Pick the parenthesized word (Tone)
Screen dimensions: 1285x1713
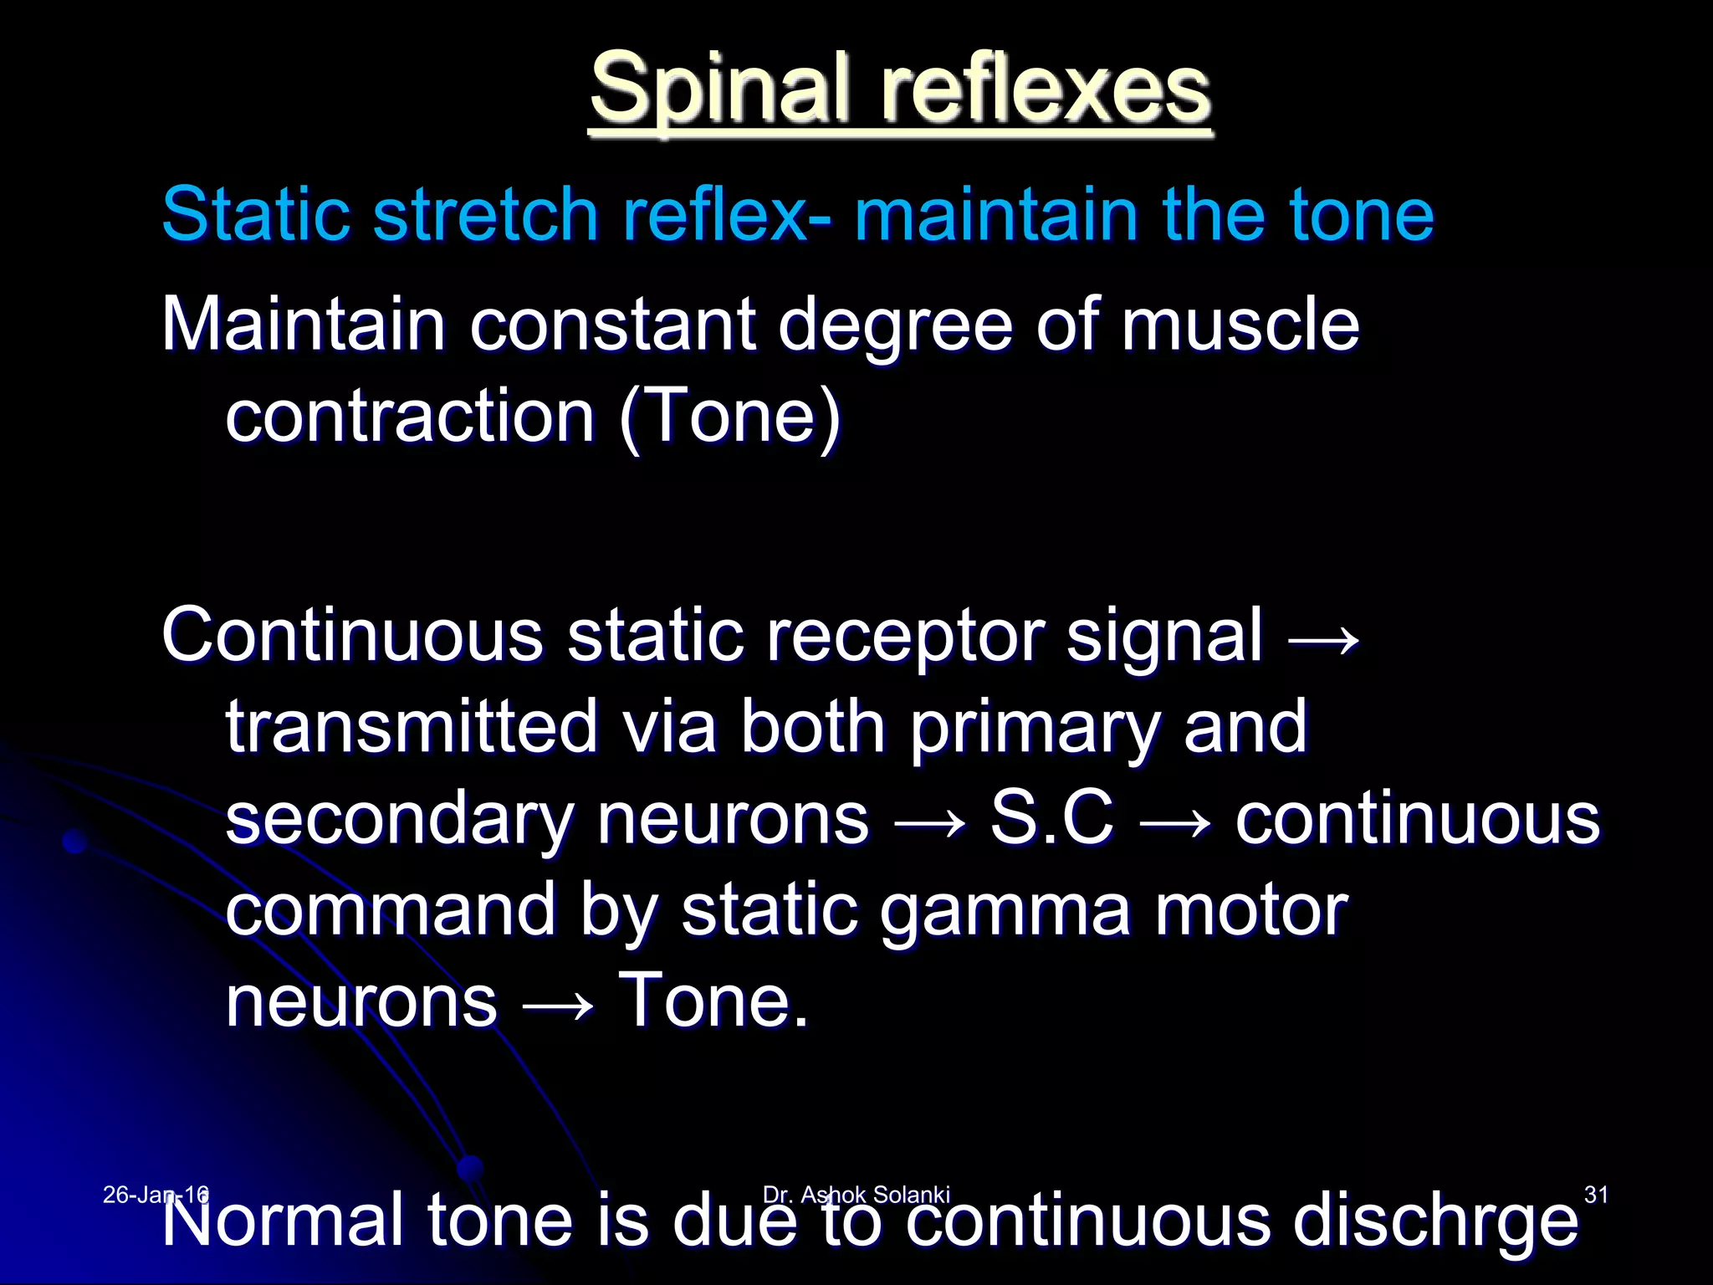point(729,417)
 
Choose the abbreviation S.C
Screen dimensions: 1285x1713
point(1051,818)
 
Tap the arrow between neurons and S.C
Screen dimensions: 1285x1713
point(929,825)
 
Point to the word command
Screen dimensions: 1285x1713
point(391,910)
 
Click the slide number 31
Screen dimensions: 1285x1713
point(1596,1195)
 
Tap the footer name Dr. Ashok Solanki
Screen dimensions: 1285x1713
point(856,1195)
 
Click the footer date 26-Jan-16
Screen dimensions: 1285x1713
point(156,1195)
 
